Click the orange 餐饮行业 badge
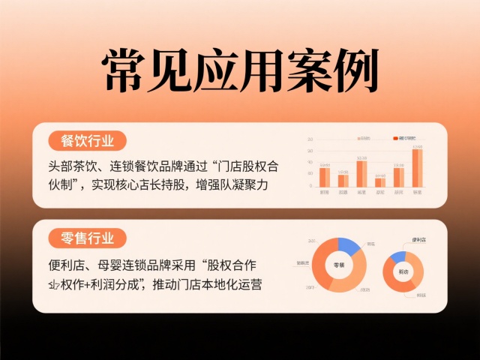pos(87,140)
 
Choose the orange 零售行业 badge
pos(87,239)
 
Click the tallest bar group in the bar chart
pos(417,168)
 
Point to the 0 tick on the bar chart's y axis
pos(310,186)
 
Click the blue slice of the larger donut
pos(349,245)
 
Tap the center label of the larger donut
pos(339,265)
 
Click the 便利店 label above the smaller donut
pos(421,241)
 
